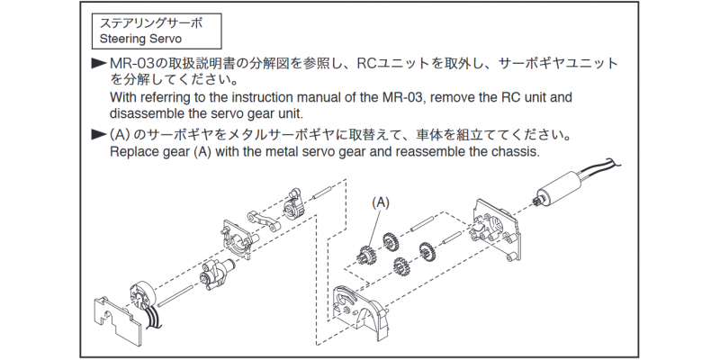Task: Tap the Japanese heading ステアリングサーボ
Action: [151, 22]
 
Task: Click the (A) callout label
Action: [381, 203]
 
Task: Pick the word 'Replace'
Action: [135, 152]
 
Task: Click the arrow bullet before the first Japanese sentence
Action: [99, 64]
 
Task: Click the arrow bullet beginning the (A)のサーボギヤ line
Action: [99, 135]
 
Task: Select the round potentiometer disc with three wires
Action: [145, 296]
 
